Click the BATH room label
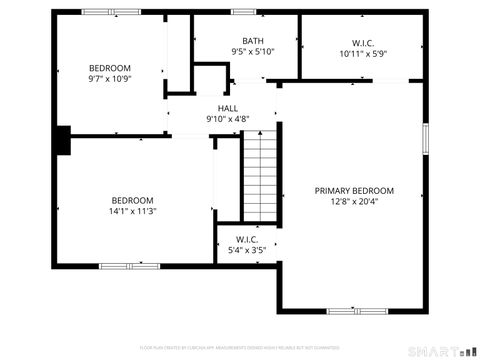[252, 41]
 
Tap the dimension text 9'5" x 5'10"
[252, 52]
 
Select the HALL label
[227, 108]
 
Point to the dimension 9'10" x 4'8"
[227, 119]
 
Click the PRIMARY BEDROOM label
[354, 191]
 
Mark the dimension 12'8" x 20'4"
[354, 202]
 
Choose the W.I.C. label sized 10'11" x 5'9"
[362, 44]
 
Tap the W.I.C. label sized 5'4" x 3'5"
[247, 239]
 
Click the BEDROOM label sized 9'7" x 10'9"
[110, 68]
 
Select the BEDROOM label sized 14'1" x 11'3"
[132, 199]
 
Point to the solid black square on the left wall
[64, 140]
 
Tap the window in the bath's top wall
[244, 12]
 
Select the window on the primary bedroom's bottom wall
[357, 310]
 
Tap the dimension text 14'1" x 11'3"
[132, 211]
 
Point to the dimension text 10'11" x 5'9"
[362, 55]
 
